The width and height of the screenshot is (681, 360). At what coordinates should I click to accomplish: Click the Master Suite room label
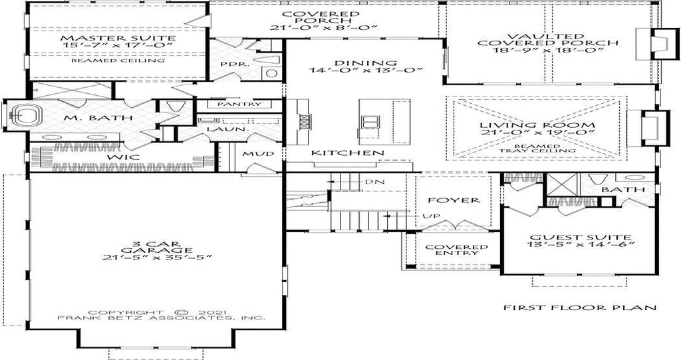click(x=118, y=39)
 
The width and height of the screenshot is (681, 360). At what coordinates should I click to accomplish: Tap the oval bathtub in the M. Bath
click(x=26, y=114)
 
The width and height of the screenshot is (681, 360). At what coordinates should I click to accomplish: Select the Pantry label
click(x=239, y=104)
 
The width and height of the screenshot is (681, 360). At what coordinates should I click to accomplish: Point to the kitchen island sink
click(x=370, y=121)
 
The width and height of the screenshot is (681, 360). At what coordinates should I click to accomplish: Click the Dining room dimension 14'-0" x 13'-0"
click(x=366, y=71)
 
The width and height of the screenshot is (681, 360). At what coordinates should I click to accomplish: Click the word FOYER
click(x=454, y=200)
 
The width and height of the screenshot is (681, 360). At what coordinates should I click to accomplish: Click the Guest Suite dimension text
click(x=581, y=244)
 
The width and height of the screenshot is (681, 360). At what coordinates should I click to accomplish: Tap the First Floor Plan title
click(x=580, y=308)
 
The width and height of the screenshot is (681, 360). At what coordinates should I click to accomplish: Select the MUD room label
click(x=259, y=154)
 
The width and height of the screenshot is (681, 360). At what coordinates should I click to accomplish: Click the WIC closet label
click(x=124, y=156)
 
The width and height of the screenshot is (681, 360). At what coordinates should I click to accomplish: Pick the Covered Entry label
click(x=456, y=250)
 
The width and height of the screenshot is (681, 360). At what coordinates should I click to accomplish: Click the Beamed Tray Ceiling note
click(x=537, y=148)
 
